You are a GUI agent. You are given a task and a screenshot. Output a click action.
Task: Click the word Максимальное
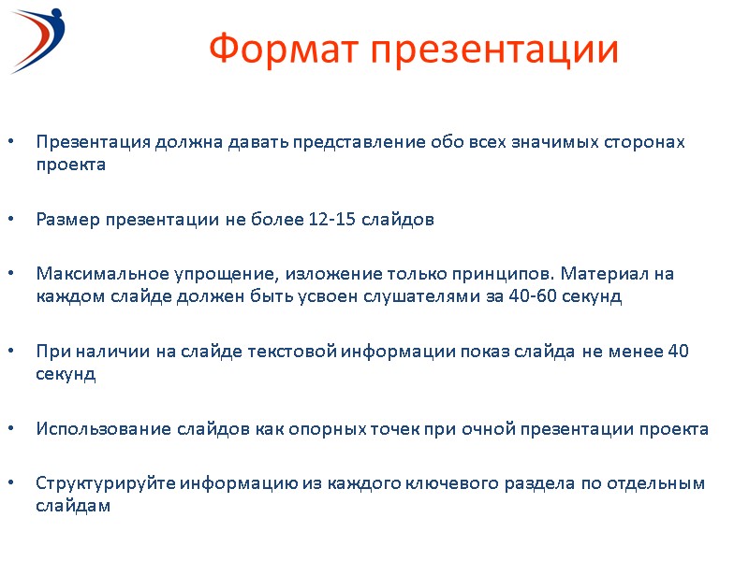[x=102, y=275]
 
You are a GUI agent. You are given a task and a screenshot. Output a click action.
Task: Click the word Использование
[x=102, y=429]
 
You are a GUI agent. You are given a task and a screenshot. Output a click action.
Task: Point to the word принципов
[x=508, y=275]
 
